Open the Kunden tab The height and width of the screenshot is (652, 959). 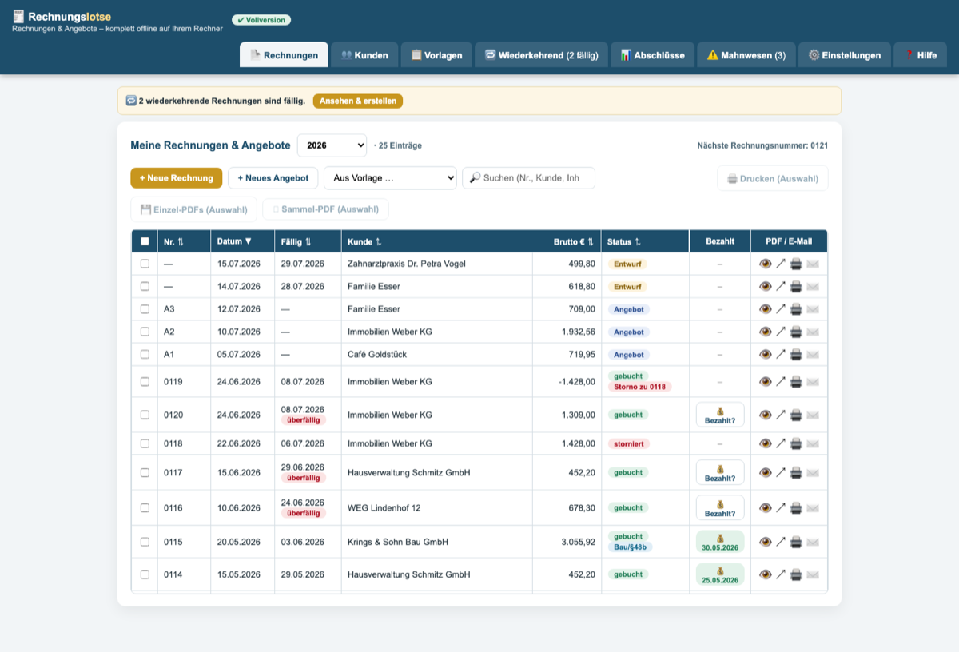[364, 55]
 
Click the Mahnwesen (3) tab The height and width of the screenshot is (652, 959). [746, 55]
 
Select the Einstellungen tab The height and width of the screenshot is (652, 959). [844, 55]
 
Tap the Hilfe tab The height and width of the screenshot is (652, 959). [920, 55]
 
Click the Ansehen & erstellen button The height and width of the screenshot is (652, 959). [358, 101]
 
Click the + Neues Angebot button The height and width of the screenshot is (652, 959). [273, 178]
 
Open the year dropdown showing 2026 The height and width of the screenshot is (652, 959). [332, 145]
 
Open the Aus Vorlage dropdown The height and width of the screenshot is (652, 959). [390, 178]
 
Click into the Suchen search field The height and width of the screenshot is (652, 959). [528, 178]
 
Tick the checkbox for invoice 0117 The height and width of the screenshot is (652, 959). [145, 473]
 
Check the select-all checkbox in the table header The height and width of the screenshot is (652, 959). [145, 241]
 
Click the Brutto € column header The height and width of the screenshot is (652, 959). [573, 242]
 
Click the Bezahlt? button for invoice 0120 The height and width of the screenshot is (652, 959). [720, 415]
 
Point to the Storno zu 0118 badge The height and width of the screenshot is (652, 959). [639, 387]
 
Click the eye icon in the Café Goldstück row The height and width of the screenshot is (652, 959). [765, 355]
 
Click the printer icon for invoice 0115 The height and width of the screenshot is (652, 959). [796, 542]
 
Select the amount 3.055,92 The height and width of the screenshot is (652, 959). [578, 542]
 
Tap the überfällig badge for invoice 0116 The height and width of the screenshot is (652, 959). [304, 513]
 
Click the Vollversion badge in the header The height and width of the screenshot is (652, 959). [261, 20]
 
